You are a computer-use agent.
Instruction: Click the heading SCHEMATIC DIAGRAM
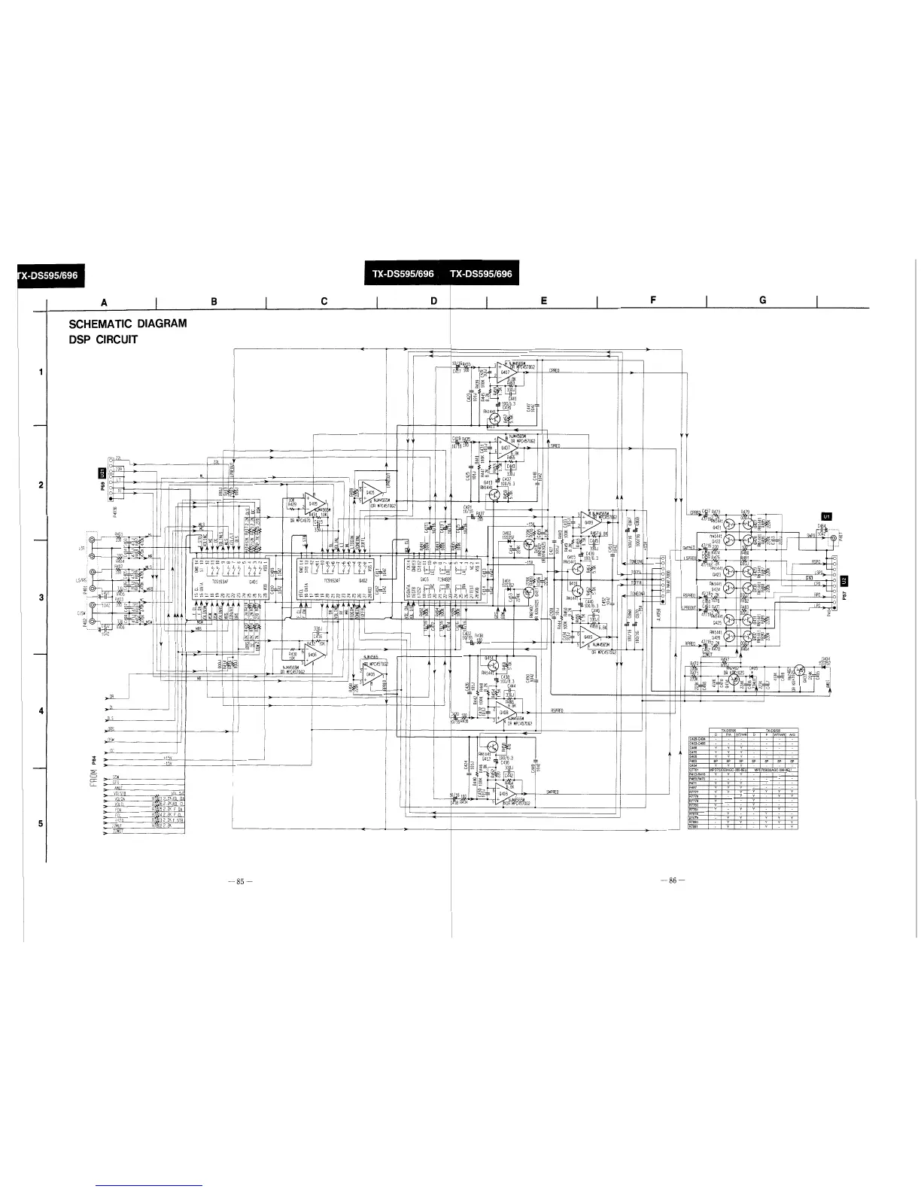(x=127, y=324)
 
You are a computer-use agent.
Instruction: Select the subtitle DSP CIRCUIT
(x=102, y=339)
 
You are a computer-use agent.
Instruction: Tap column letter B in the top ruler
(x=214, y=301)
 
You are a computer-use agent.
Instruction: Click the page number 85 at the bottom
(x=239, y=881)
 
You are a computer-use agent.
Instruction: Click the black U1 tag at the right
(x=828, y=517)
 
